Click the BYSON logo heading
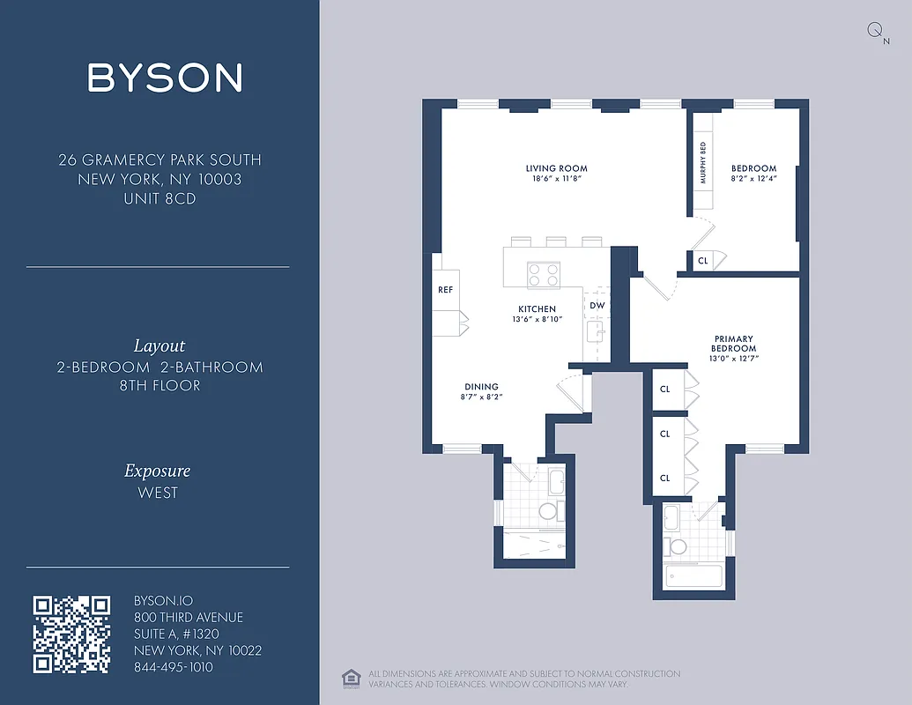coord(165,78)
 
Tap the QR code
coord(71,634)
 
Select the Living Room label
coord(556,168)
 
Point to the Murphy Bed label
coord(702,164)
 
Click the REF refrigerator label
coord(445,290)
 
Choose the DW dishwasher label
coord(597,306)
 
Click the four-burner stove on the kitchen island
coord(543,276)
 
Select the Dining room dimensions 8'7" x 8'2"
coord(481,397)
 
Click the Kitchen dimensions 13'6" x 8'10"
coord(537,319)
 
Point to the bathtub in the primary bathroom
coord(693,577)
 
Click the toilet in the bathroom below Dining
coord(547,511)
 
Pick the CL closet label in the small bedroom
coord(702,261)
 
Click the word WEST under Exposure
coord(158,493)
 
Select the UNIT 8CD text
coord(159,199)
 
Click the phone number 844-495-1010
coord(173,667)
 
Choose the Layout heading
coord(159,346)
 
